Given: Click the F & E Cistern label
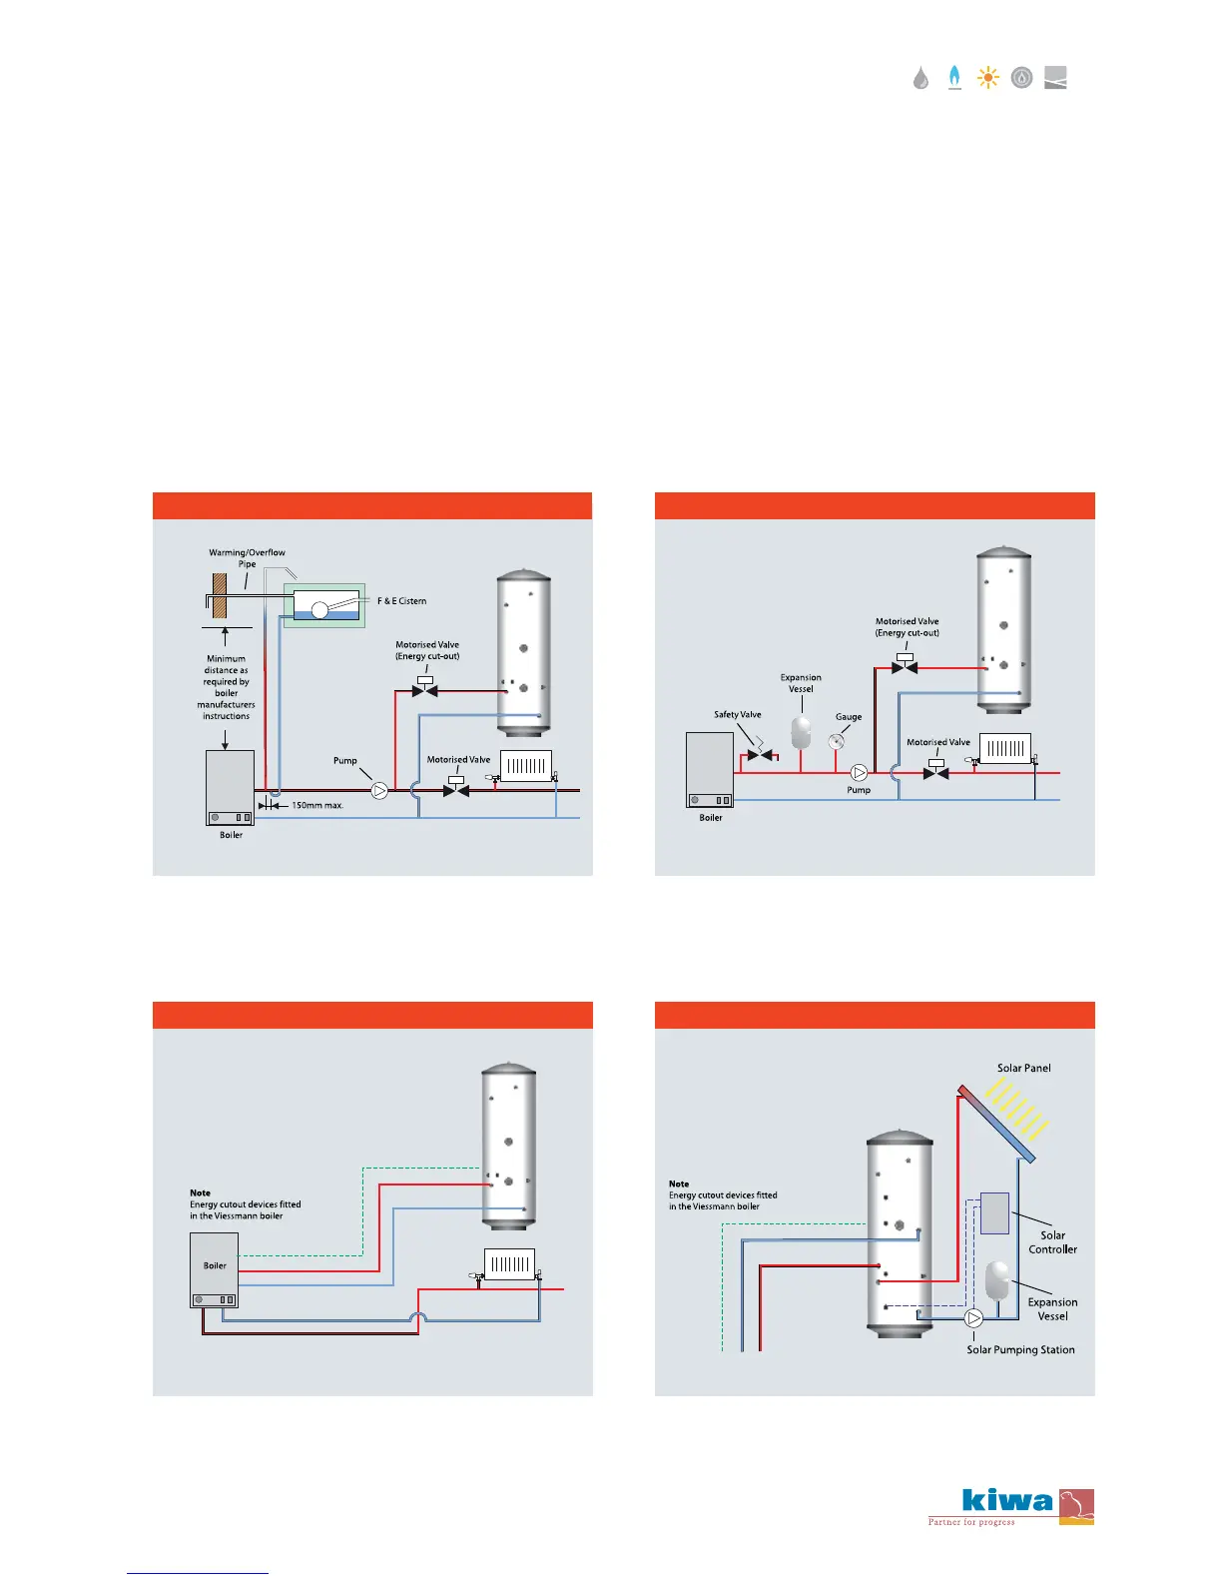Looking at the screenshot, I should tap(401, 601).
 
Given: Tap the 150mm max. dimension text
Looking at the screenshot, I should tap(317, 805).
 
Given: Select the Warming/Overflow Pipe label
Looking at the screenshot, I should tap(247, 558).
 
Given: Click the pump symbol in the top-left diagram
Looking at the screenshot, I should tap(379, 790).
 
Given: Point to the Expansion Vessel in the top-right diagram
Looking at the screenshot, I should tap(801, 731).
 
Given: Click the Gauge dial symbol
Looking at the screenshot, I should tap(837, 741).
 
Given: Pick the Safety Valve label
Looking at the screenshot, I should tap(737, 715).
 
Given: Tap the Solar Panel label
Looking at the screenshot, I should tap(1023, 1069).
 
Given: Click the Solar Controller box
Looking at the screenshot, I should tap(994, 1212).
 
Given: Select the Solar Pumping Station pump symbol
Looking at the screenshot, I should tap(974, 1318).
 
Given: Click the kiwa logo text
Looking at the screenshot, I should tap(1007, 1501).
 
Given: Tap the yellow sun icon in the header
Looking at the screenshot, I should tap(987, 78).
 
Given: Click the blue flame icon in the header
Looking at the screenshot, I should tap(954, 77).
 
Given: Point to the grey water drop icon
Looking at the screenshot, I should tap(920, 78).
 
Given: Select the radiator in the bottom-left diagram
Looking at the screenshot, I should tap(509, 1264).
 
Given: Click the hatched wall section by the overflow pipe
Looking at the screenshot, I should tap(220, 595).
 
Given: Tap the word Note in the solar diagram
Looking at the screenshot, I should tap(679, 1184).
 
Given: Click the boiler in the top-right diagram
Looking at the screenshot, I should tap(710, 770).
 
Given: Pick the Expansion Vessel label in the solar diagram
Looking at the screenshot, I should tap(1052, 1309).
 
